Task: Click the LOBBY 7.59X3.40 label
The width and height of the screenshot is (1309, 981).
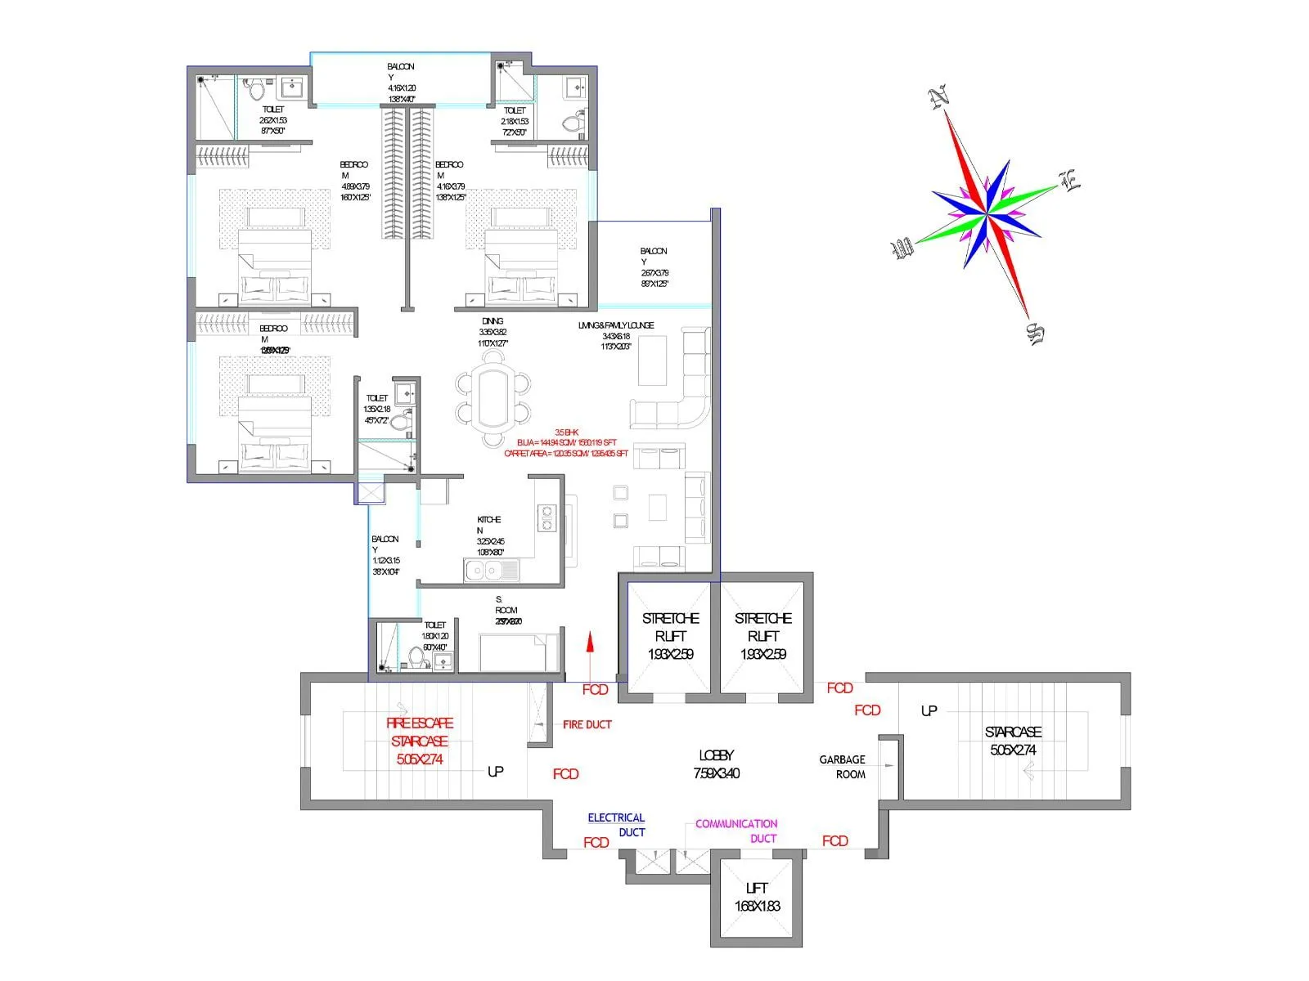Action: tap(716, 764)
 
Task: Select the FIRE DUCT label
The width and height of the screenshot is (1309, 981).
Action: tap(587, 724)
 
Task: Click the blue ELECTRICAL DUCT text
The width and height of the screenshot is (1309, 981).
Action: tap(617, 825)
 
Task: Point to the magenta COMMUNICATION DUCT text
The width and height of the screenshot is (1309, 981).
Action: tap(736, 831)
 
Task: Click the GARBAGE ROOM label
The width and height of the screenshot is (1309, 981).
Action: tap(843, 767)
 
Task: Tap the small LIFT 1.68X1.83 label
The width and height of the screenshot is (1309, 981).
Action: tap(757, 897)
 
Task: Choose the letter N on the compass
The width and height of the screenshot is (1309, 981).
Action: tap(939, 98)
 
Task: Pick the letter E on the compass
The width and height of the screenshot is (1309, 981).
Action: tap(1070, 181)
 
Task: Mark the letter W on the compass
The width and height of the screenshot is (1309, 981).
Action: tap(903, 248)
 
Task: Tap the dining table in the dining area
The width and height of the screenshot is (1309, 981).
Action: tap(493, 398)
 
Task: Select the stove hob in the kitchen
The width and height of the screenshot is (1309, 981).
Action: tap(547, 518)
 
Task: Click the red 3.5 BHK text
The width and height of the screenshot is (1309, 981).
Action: tap(566, 432)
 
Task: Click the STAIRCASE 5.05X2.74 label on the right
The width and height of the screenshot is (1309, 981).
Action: tap(1013, 741)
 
